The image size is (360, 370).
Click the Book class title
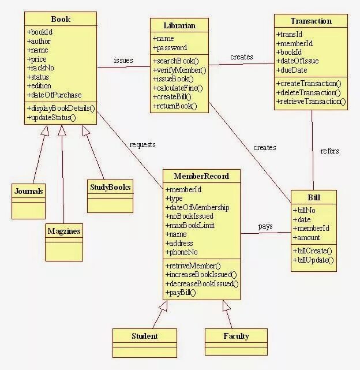60,20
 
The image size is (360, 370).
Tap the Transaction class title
311,21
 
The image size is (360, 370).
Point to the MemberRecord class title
201,176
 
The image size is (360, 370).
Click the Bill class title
314,197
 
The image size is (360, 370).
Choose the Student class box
144,337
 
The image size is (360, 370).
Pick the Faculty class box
236,337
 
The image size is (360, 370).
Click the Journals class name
29,192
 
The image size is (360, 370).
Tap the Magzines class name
63,231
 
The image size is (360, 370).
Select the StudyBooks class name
110,187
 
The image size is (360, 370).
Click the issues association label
123,60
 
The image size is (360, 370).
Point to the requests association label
142,144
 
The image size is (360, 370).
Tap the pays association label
265,226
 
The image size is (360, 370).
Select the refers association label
329,151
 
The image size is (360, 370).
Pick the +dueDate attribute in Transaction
292,70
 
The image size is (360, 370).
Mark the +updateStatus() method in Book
51,117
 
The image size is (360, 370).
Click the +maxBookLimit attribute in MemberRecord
190,226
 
